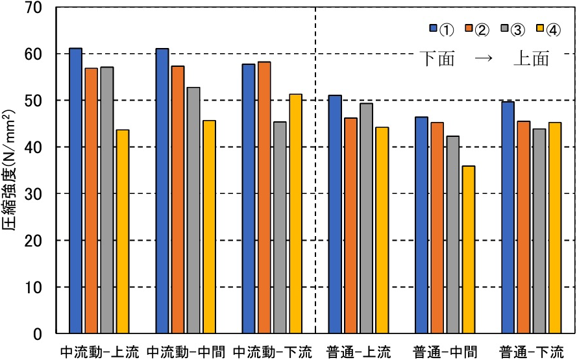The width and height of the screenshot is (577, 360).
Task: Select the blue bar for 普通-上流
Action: pyautogui.click(x=335, y=214)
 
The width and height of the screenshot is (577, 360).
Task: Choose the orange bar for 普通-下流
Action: pyautogui.click(x=523, y=227)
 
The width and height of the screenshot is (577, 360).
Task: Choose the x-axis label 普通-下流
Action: pyautogui.click(x=532, y=351)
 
